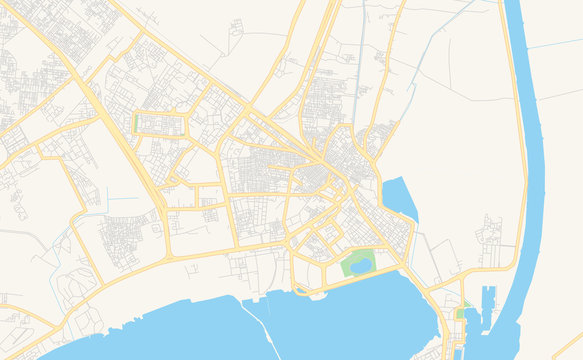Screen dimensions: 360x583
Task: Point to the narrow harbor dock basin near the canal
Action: (487, 304)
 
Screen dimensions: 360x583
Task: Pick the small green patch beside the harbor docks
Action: (461, 313)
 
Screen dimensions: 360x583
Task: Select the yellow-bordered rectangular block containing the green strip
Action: (160, 124)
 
